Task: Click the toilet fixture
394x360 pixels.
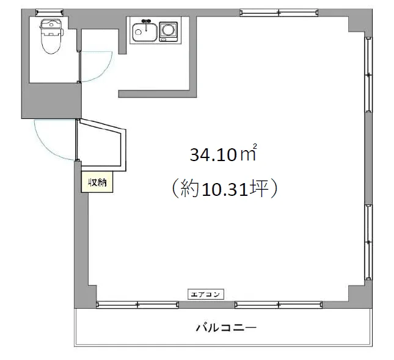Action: (51, 37)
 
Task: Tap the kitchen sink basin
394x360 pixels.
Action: (145, 32)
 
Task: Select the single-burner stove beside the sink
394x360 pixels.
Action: (169, 32)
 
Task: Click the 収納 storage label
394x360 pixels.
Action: (97, 182)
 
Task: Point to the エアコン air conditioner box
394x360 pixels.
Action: (205, 294)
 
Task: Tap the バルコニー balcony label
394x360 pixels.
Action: (226, 328)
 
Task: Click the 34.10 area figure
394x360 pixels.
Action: (213, 155)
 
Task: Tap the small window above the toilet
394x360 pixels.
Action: (49, 12)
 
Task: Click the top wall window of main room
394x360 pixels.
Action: (279, 12)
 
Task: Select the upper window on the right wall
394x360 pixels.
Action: (368, 74)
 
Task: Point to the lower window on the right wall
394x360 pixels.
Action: (368, 242)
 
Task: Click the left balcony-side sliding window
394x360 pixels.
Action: (137, 304)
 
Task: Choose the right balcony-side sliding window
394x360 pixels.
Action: (279, 304)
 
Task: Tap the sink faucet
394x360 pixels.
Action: (146, 24)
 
